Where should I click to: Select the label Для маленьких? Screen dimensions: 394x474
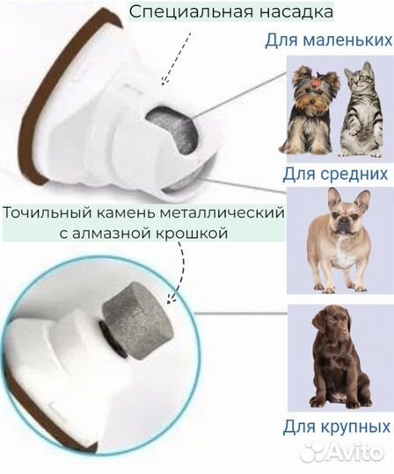coord(329,40)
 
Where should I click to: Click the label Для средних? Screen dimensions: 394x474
coord(335,174)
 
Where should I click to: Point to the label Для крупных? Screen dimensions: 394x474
coord(336,427)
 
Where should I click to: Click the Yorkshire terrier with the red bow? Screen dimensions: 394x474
coord(311,111)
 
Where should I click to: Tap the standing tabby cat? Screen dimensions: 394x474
coord(361,110)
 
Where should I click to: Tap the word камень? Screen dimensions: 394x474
coord(125,213)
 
